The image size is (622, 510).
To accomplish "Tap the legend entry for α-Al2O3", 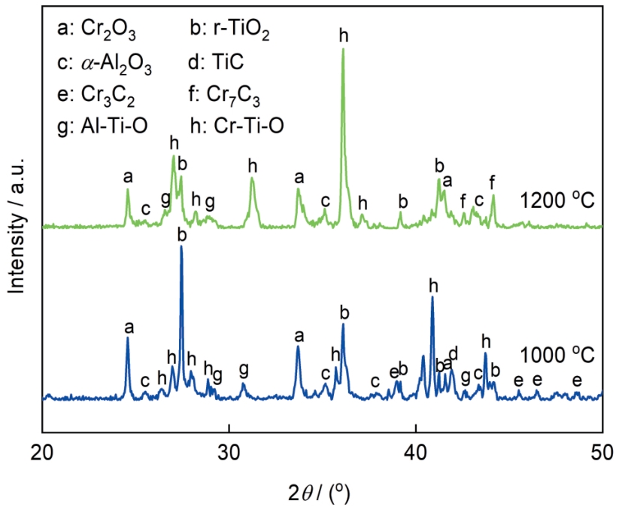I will (x=105, y=65).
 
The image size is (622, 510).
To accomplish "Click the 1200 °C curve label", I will (x=556, y=201).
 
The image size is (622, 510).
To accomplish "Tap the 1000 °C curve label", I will (x=556, y=355).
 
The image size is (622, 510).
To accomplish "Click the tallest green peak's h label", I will (x=344, y=35).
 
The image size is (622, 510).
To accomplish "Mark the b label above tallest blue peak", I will (x=181, y=235).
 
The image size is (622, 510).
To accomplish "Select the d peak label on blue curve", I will (x=453, y=353).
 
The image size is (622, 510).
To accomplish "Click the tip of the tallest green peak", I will (x=344, y=49).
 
